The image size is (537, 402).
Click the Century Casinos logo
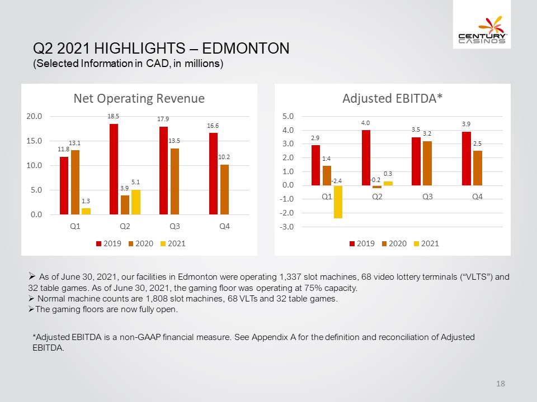482,30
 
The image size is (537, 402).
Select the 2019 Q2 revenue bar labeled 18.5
114,169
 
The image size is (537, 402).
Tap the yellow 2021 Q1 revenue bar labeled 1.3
86,211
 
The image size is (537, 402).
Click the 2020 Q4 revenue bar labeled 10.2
224,190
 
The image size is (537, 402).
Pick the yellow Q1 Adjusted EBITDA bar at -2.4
338,202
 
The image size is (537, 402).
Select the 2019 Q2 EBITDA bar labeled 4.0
366,157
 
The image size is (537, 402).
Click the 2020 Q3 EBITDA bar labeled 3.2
427,164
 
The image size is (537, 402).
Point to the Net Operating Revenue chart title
139,98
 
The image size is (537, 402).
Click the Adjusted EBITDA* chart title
393,98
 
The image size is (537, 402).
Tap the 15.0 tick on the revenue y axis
34,141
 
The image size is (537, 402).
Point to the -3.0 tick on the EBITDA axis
288,227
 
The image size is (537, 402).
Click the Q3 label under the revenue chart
175,226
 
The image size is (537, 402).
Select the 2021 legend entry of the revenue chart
173,244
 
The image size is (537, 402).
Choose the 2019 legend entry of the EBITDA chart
362,244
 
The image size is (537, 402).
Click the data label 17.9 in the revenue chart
163,119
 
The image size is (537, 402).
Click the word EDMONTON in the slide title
246,48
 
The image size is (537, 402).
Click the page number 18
500,384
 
